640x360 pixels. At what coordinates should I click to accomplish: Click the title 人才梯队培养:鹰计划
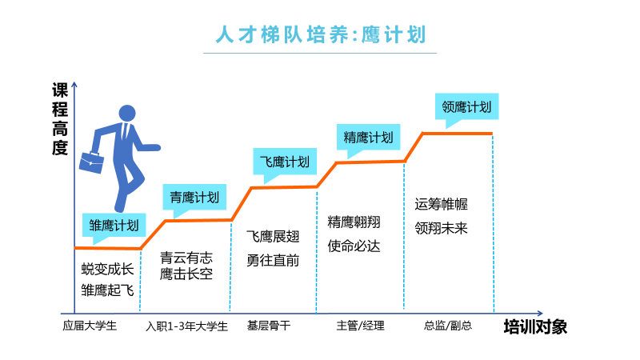click(x=321, y=34)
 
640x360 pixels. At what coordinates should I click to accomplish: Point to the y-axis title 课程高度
click(x=59, y=118)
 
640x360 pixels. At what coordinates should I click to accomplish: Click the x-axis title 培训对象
click(x=535, y=327)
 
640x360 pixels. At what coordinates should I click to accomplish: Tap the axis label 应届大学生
click(x=90, y=326)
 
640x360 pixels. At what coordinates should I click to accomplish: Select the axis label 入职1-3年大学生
click(x=187, y=326)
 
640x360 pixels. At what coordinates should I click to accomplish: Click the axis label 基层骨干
click(x=269, y=326)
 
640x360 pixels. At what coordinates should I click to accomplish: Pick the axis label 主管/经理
click(x=361, y=326)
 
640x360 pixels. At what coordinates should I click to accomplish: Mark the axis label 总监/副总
click(x=448, y=326)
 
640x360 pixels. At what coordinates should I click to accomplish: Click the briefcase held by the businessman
click(x=91, y=162)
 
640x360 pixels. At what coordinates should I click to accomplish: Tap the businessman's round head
click(x=127, y=113)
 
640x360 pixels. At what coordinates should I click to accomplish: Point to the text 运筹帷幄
click(x=442, y=204)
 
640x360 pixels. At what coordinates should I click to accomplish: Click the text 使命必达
click(x=354, y=246)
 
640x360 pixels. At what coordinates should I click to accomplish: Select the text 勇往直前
click(x=273, y=261)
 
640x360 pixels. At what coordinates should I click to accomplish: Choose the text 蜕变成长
click(x=108, y=269)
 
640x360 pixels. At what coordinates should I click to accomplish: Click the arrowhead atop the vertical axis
click(x=74, y=84)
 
